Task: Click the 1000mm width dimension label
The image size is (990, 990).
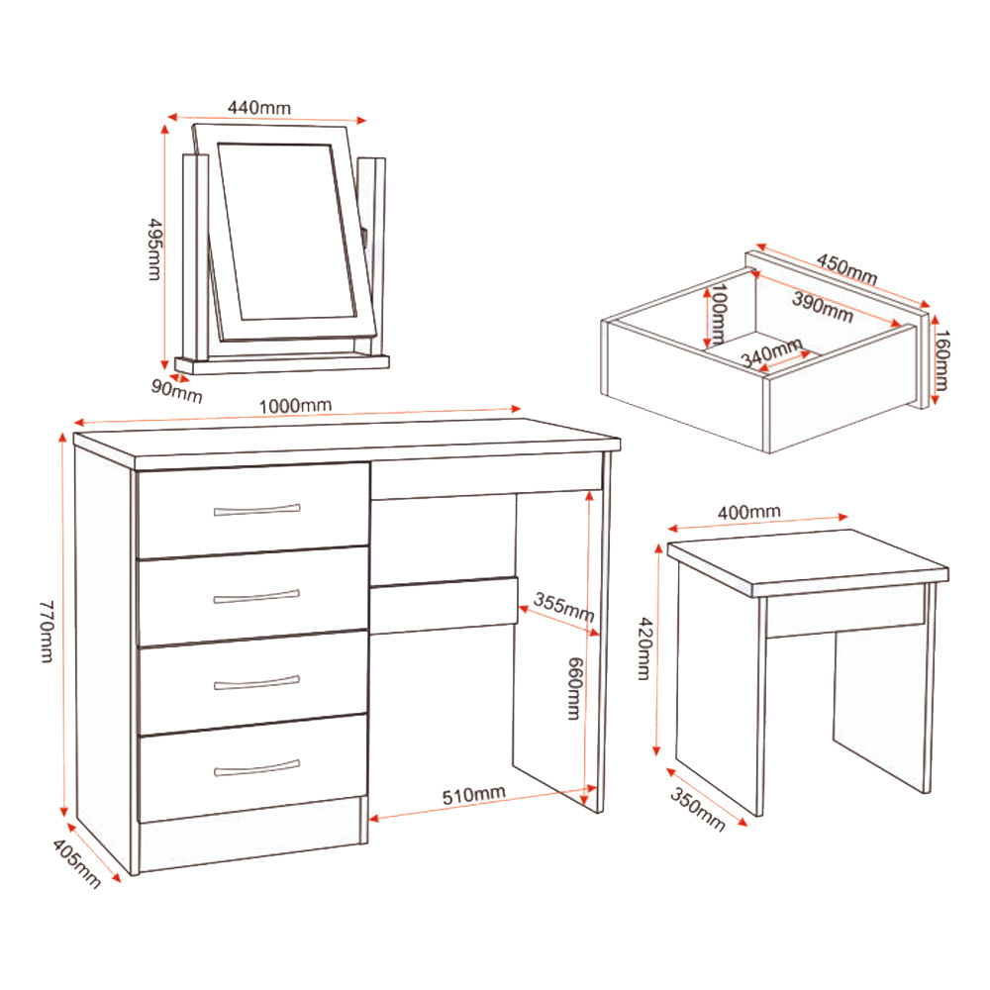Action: tap(294, 405)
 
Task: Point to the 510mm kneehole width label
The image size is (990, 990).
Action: tap(473, 795)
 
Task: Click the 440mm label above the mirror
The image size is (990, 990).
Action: tap(258, 106)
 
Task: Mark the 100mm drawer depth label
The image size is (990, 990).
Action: tap(718, 314)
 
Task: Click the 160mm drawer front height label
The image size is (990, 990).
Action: tap(941, 360)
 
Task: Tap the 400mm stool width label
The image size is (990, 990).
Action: tap(749, 511)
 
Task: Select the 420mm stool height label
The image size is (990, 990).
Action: tap(643, 648)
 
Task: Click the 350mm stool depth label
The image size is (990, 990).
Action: tap(698, 809)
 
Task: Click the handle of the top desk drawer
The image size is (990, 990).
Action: tap(255, 510)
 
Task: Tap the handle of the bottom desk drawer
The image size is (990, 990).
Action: tap(255, 767)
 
